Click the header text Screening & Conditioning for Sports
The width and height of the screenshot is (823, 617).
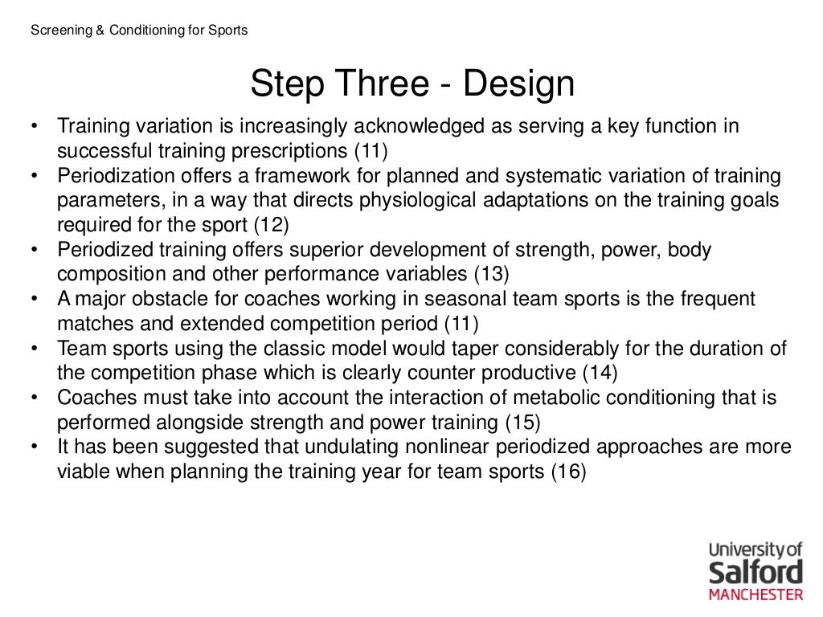[x=139, y=31]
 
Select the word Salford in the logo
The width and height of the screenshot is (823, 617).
[x=755, y=573]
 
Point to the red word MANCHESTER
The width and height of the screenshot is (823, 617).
[x=755, y=595]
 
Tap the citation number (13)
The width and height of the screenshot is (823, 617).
[x=490, y=274]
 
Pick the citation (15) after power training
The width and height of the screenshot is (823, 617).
[x=522, y=422]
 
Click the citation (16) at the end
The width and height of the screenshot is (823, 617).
[x=568, y=472]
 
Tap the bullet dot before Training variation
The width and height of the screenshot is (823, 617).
[x=35, y=127]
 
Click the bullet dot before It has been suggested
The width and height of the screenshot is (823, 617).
[x=35, y=447]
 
